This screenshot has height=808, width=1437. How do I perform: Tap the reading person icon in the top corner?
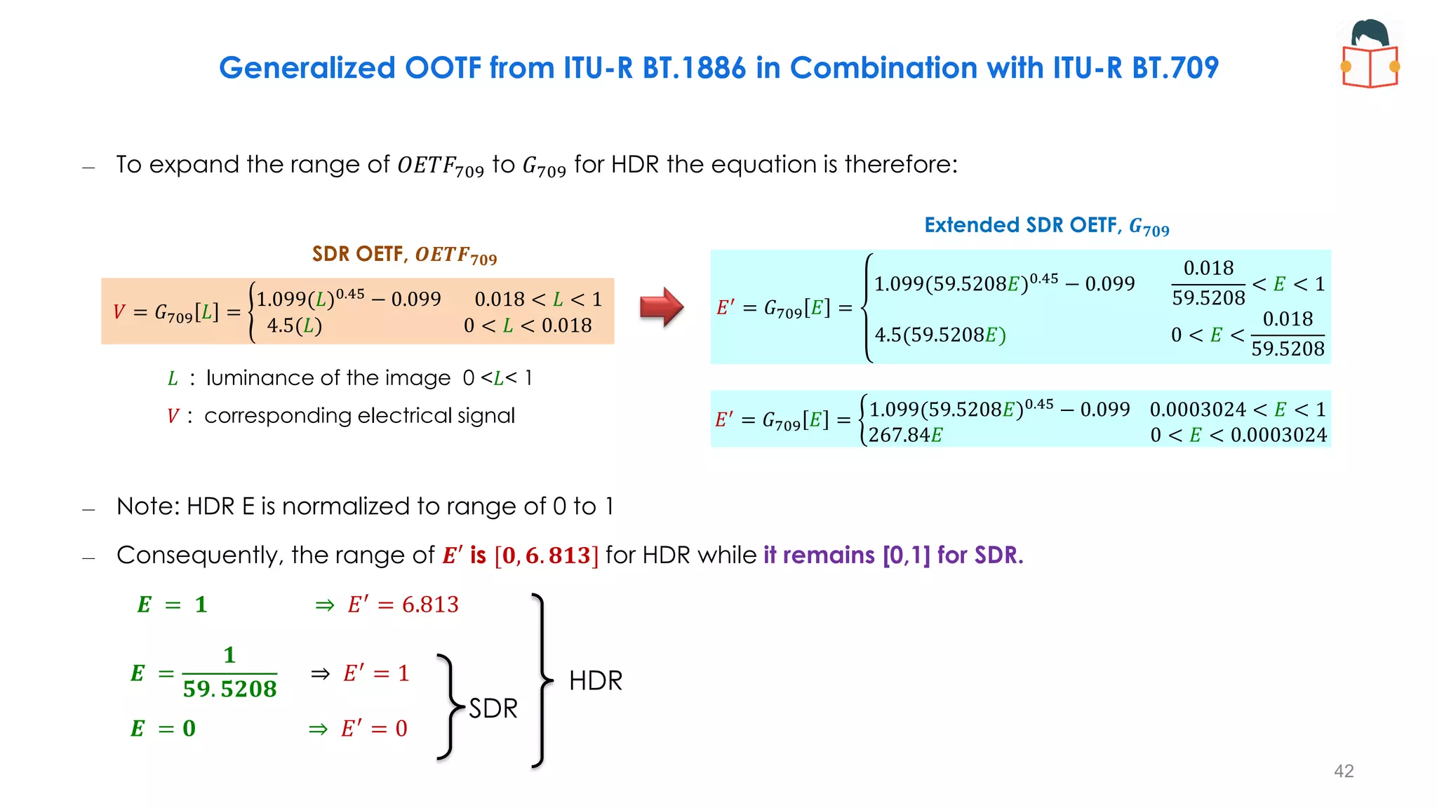point(1370,54)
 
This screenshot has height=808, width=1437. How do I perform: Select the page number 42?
point(1344,771)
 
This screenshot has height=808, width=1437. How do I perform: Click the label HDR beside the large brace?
point(596,680)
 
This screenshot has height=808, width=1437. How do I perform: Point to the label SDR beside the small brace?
point(493,708)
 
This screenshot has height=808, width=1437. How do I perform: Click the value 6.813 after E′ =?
point(430,604)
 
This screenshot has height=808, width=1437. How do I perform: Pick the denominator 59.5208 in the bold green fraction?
point(229,689)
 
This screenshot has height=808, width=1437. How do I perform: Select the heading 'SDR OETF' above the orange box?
point(357,253)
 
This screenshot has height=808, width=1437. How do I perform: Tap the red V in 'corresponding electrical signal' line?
point(173,416)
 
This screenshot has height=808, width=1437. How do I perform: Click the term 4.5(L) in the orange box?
point(294,325)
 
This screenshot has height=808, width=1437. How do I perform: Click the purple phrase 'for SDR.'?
point(980,555)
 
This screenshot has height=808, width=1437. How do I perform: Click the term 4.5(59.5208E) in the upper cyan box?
point(940,335)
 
